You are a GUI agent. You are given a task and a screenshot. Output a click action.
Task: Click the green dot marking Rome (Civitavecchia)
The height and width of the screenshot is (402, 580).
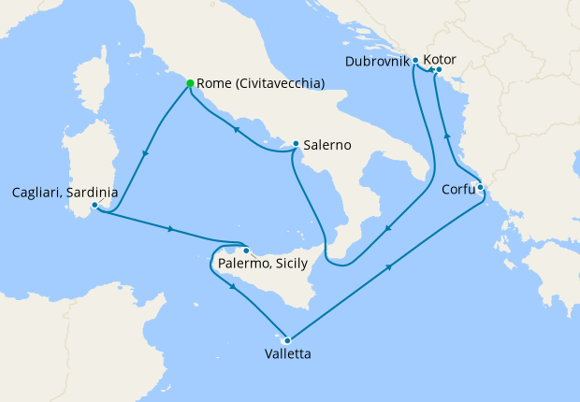(190, 83)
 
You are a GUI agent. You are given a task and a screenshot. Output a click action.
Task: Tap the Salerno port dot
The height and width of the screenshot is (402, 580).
(296, 144)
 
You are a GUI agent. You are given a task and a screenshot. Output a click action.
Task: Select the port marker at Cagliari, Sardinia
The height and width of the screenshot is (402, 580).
(94, 205)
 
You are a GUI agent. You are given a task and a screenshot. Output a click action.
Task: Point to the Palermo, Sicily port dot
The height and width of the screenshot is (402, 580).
(246, 251)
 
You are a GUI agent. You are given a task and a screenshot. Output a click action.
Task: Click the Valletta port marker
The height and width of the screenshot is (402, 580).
(287, 340)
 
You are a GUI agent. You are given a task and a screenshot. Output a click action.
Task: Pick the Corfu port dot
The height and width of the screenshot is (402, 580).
(480, 187)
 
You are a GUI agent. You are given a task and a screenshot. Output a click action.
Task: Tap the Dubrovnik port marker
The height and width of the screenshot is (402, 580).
(415, 60)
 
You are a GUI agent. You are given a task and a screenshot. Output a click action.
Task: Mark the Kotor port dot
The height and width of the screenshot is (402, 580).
(439, 68)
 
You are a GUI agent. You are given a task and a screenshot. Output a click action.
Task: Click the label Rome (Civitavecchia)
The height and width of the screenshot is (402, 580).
(261, 83)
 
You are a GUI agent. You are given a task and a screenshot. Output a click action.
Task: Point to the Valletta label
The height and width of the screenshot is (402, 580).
(287, 354)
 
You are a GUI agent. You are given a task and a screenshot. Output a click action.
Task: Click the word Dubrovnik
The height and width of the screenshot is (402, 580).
(377, 61)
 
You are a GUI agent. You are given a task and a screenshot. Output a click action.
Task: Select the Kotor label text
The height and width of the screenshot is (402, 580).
(440, 59)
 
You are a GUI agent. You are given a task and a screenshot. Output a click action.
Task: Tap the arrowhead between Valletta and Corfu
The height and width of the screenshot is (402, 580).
(387, 267)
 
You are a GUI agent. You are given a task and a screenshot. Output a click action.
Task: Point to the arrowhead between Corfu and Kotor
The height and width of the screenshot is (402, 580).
(446, 136)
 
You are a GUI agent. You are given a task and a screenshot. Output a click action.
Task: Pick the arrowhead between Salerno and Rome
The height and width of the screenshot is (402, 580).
(235, 131)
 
